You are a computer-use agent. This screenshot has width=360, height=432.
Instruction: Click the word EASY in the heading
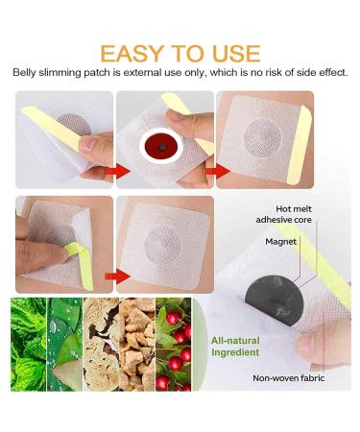coord(132,54)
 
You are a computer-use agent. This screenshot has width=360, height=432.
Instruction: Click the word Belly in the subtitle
coord(24,73)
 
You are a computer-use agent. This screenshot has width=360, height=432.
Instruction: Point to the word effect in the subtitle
coord(334,73)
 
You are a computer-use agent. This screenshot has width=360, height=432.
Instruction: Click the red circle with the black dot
coord(162,148)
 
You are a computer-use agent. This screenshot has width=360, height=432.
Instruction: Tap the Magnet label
coord(280,242)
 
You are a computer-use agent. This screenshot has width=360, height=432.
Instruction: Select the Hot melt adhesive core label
coord(284,214)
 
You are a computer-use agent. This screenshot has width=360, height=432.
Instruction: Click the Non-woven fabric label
coord(288,378)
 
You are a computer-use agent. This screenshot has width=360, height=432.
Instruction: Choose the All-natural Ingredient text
coord(235,347)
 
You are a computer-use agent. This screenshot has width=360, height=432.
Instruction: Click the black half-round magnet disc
coord(274,300)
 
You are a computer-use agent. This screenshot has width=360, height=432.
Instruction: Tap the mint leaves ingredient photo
coord(29,345)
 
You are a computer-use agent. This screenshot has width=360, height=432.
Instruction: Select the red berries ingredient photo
coord(173,345)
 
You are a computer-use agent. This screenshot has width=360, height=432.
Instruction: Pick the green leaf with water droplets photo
coord(64,345)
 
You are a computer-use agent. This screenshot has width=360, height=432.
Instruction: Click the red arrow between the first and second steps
coord(117,172)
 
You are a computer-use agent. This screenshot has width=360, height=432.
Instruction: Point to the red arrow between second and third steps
coord(218,172)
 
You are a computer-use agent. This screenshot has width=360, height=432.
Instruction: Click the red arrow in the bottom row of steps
coord(117,276)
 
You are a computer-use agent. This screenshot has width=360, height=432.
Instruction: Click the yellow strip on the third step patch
coord(300,146)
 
